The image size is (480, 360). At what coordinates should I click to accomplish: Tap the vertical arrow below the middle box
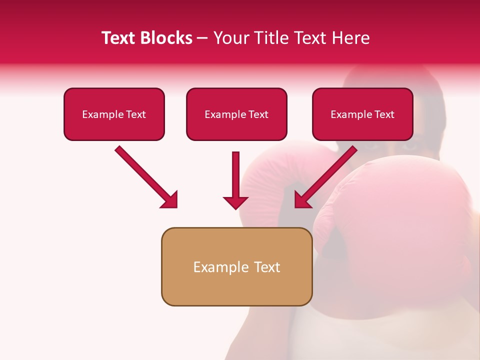(235, 175)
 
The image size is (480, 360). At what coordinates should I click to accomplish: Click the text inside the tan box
(236, 267)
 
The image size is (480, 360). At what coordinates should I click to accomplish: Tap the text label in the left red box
(114, 114)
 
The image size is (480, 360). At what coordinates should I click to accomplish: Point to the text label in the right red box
(362, 114)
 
